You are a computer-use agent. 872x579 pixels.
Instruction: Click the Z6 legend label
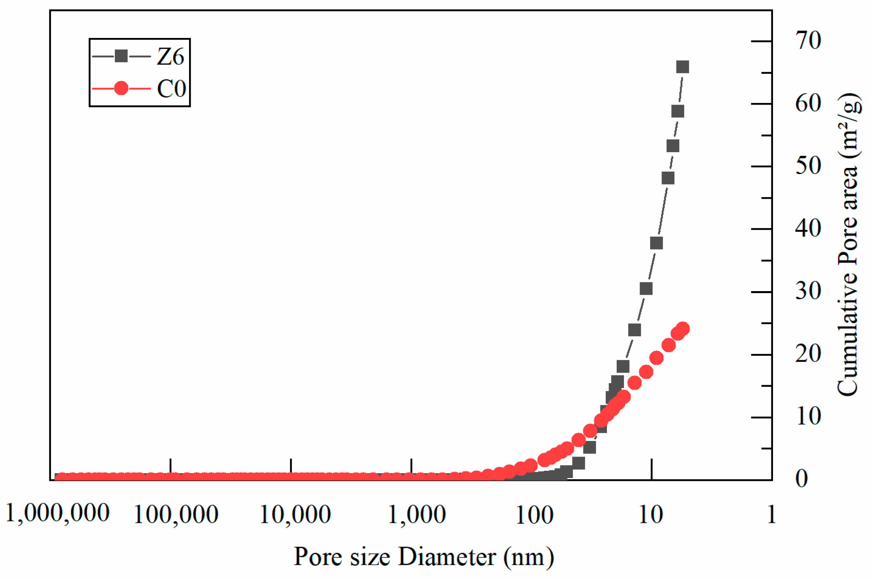click(x=171, y=57)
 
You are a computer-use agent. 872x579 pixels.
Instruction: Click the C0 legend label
click(x=171, y=88)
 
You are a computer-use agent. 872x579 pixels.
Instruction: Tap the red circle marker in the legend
click(x=121, y=88)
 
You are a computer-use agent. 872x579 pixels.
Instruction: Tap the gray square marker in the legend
click(x=121, y=56)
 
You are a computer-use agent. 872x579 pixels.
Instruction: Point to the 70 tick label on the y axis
click(x=808, y=41)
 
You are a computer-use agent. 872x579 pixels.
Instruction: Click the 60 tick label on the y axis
click(x=808, y=104)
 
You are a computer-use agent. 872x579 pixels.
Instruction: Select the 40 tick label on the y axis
click(x=808, y=229)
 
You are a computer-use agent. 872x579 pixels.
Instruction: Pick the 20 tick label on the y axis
click(x=808, y=354)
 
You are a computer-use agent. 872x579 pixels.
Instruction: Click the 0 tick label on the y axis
click(x=802, y=479)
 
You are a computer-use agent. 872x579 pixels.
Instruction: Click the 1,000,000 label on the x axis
click(x=57, y=514)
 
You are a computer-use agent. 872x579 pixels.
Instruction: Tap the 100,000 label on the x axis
click(x=176, y=515)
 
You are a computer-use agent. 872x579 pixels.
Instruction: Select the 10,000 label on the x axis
click(x=295, y=515)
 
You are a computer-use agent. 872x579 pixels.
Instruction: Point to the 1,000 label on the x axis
click(x=417, y=515)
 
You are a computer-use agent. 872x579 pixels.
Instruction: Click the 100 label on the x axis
click(x=535, y=515)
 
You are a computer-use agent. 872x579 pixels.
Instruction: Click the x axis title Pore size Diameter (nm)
click(x=423, y=557)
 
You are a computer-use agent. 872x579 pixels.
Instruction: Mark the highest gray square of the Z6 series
click(x=682, y=67)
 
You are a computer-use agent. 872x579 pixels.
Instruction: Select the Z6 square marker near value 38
click(x=656, y=243)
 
